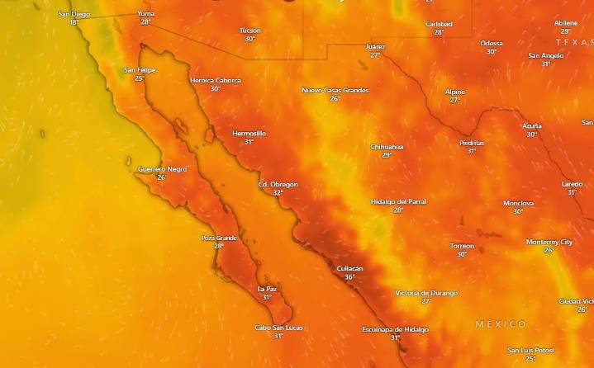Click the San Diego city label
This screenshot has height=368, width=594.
coord(74,14)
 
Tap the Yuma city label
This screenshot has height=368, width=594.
coord(145,14)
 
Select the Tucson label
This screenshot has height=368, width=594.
coord(249,31)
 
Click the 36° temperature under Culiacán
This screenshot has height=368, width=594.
coord(349,277)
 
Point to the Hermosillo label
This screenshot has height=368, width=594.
coord(249,133)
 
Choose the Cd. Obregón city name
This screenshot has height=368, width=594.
coord(278,184)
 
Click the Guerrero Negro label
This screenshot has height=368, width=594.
coord(162,169)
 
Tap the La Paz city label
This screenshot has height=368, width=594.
coord(267,289)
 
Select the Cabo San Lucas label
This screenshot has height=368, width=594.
coord(278,328)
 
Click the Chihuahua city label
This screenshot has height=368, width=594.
coord(387,147)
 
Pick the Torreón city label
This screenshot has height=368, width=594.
coord(462,246)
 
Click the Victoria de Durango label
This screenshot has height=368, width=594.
coord(426,293)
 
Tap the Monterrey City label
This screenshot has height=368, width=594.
coord(549,242)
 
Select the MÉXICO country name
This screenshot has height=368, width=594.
coord(501,324)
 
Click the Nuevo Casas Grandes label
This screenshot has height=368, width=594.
coord(335,90)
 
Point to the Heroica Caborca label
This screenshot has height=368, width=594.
coord(216,80)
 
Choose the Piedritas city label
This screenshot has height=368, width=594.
coord(472,143)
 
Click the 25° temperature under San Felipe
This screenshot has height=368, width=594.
coord(140,78)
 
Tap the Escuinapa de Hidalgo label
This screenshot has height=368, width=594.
coord(395,329)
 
